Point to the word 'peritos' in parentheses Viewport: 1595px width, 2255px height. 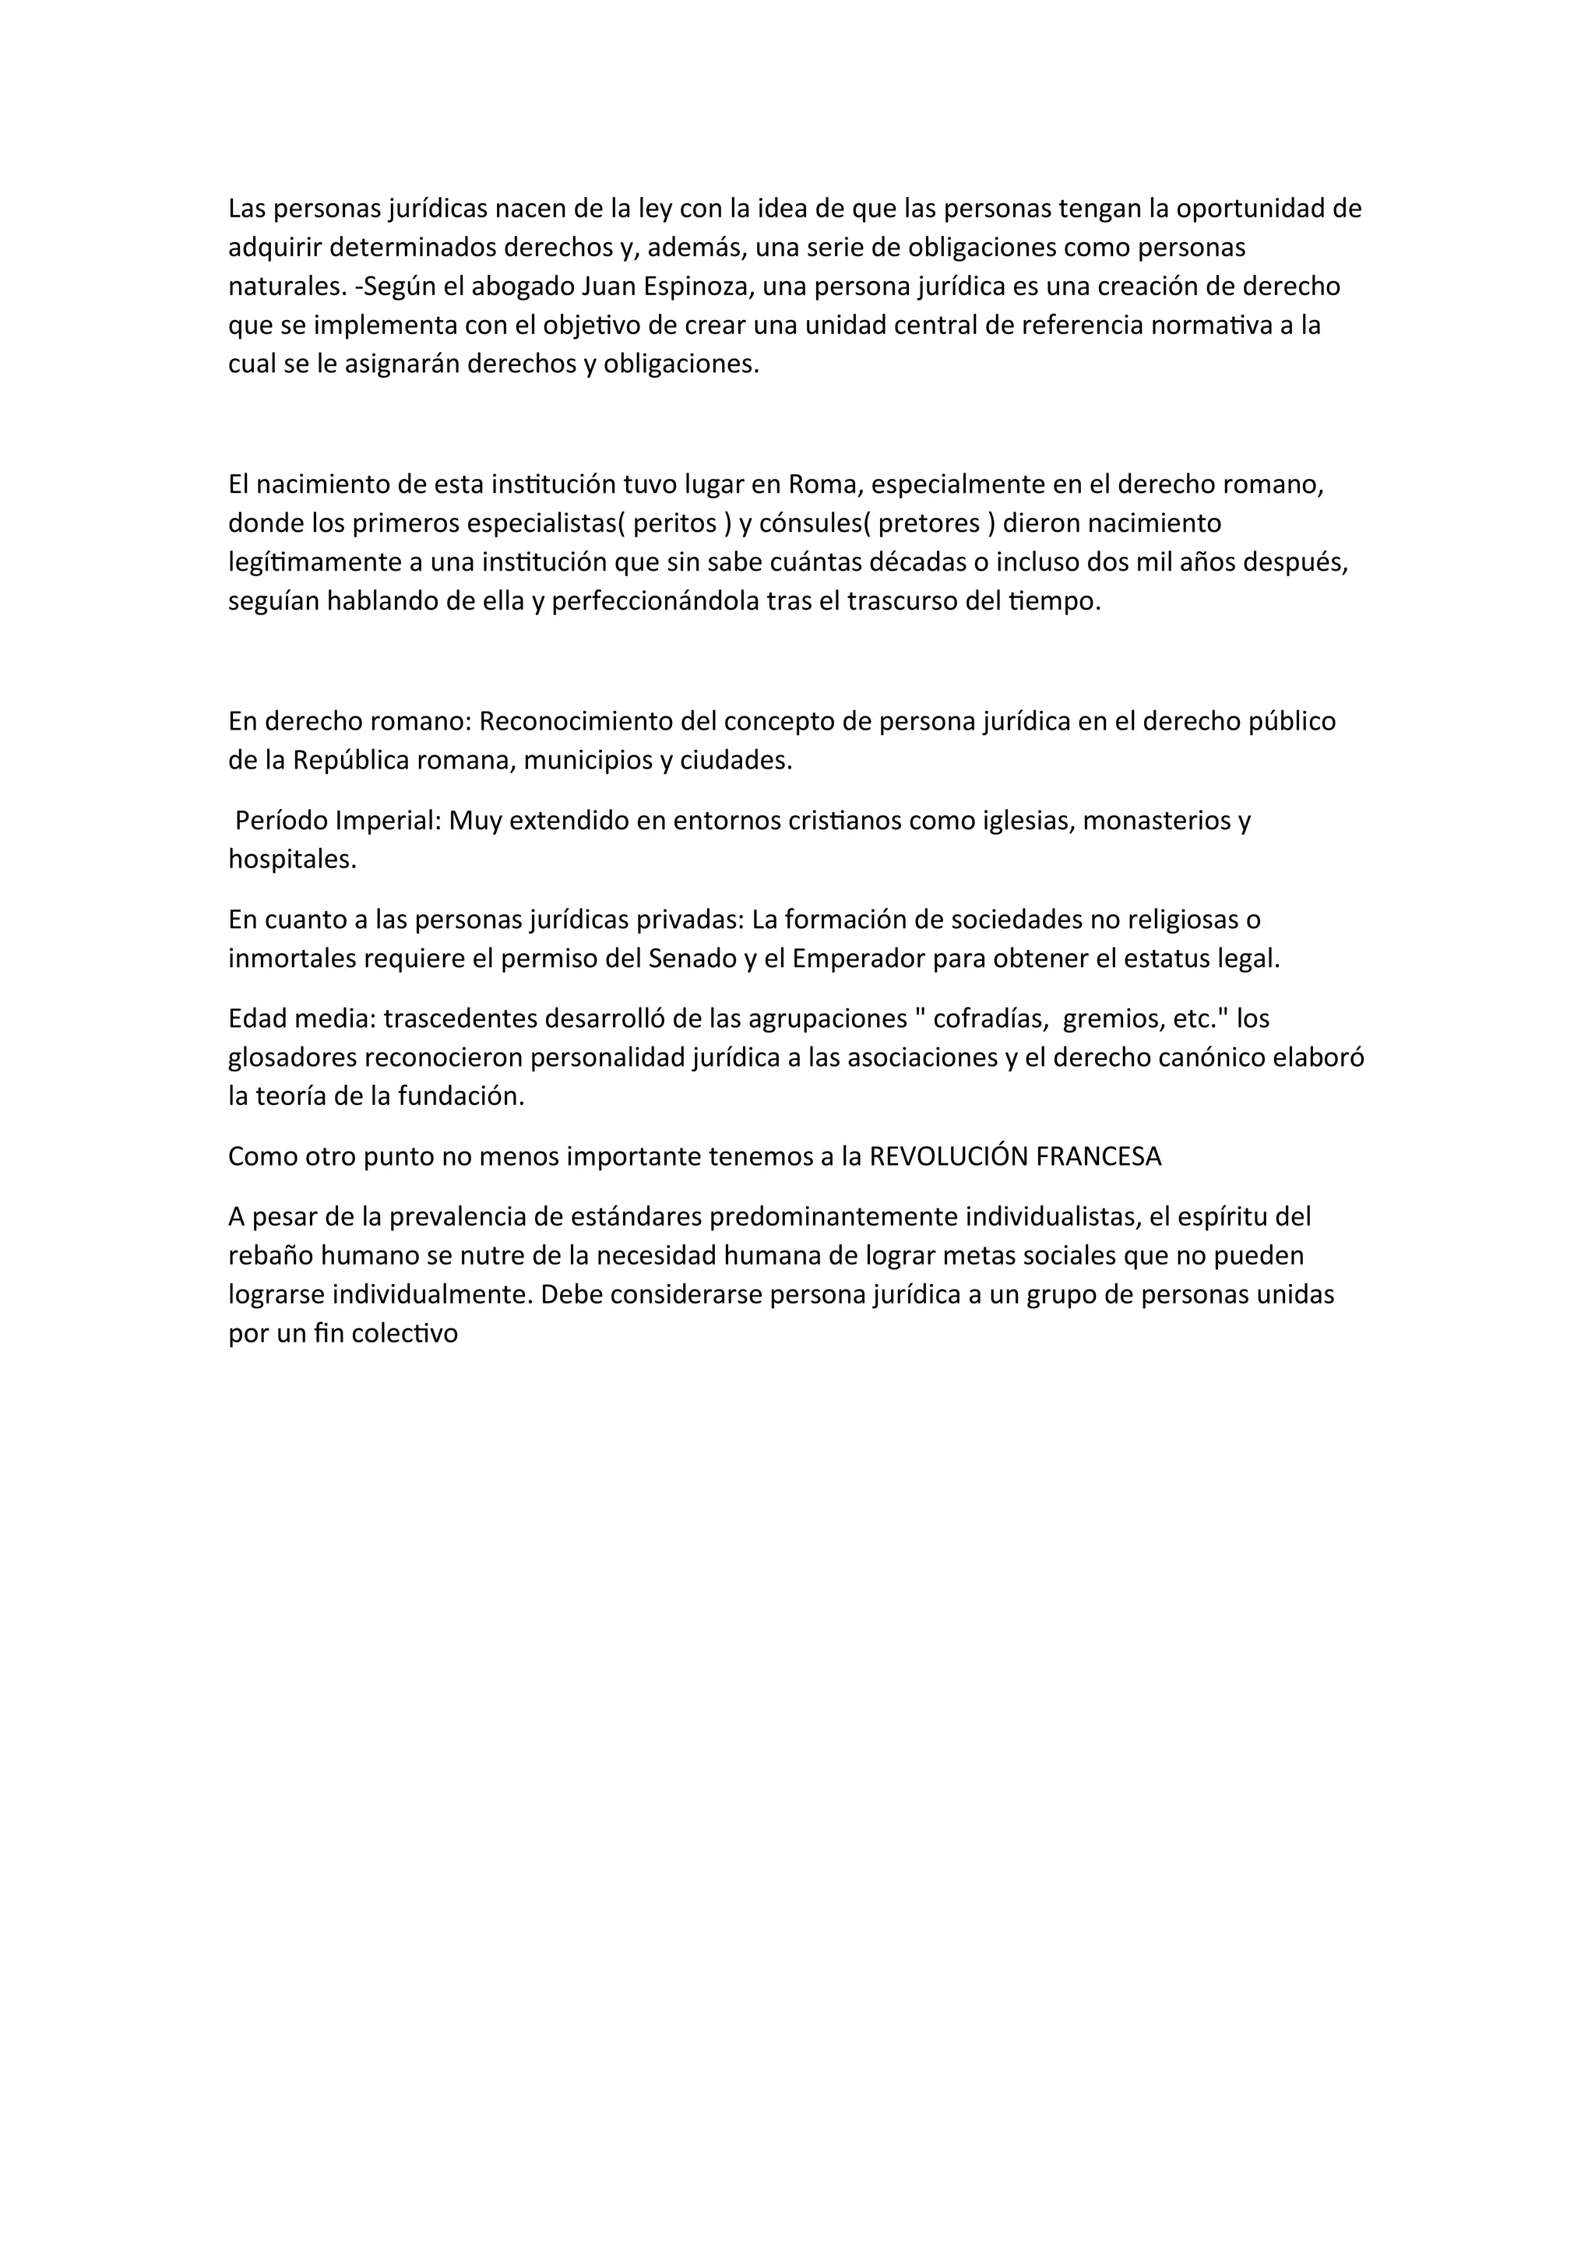pos(674,523)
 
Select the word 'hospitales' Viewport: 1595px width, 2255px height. pos(292,860)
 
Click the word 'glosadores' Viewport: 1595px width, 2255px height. pos(293,1057)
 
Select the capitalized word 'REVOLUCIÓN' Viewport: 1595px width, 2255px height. pos(949,1157)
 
